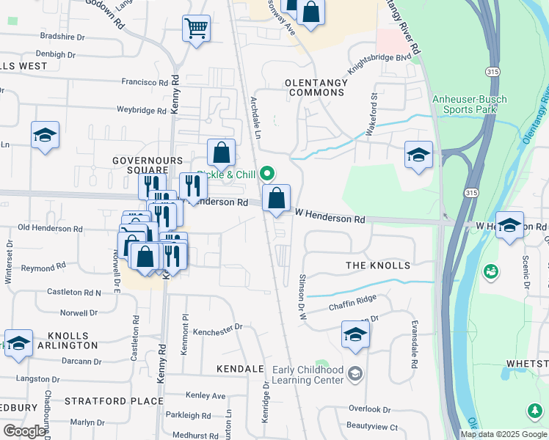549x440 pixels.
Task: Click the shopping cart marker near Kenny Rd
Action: (195, 29)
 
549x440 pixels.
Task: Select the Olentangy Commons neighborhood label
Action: (317, 87)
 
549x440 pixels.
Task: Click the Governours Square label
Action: (147, 166)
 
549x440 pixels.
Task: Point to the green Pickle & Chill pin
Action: (267, 174)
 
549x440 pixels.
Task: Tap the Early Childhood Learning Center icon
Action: (355, 375)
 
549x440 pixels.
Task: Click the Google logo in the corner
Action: (24, 431)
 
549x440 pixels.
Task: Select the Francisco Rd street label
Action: (145, 82)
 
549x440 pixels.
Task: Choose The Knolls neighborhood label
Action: (377, 265)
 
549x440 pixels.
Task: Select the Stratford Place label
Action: (114, 401)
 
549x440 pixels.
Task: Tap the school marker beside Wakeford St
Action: (418, 155)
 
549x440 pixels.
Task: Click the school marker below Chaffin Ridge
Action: (355, 335)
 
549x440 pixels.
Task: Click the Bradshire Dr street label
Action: (62, 36)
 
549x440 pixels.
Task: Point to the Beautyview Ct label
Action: (372, 427)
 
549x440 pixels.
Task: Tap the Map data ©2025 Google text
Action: (503, 434)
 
